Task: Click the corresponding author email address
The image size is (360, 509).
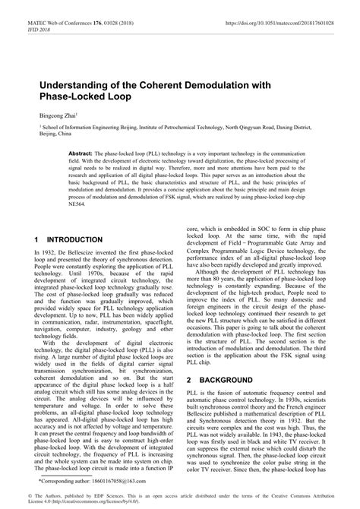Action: point(114,482)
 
